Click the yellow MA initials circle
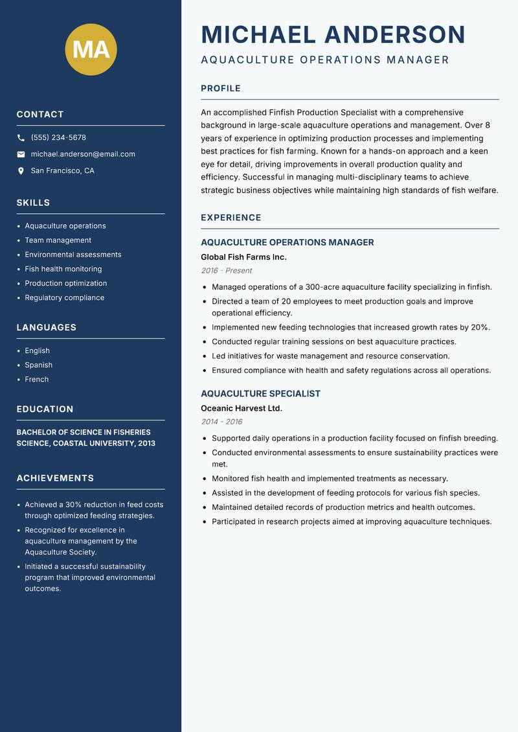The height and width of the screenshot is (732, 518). point(91,49)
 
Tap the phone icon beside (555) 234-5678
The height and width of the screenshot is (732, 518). point(21,138)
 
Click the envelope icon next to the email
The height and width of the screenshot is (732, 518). point(21,154)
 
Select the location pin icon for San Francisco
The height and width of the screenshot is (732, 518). point(21,171)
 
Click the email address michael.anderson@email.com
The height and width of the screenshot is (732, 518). point(83,154)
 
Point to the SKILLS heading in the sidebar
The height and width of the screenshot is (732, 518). point(33,203)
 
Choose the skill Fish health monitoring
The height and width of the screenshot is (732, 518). point(63,269)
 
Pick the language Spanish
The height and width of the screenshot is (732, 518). point(38,365)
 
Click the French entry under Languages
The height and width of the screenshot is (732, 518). point(36,379)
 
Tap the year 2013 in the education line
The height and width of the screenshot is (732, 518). point(146,443)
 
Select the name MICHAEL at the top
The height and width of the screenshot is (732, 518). point(258,34)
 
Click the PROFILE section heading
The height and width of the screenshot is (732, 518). point(220,89)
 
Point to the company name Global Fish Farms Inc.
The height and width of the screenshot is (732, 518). point(243,257)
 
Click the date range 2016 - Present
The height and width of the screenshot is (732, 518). point(226,271)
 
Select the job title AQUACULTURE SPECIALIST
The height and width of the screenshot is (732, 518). point(260,394)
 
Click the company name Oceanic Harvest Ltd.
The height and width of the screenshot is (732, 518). point(241,408)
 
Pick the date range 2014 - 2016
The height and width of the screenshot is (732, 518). point(221,422)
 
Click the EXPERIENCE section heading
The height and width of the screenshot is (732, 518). point(231,218)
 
